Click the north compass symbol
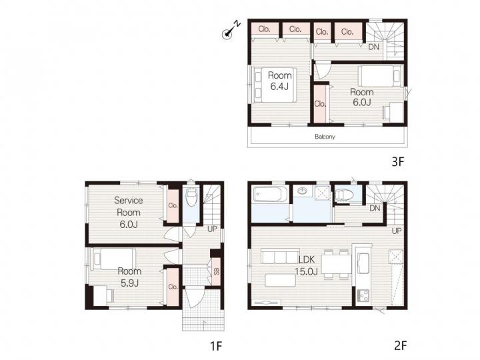(x=231, y=30)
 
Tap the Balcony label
(x=325, y=137)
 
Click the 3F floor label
(x=398, y=161)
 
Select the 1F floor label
(x=216, y=346)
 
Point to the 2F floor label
(x=401, y=345)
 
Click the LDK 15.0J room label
(x=306, y=265)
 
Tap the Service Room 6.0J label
(x=129, y=212)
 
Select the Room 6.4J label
(x=279, y=81)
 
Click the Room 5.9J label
(x=129, y=277)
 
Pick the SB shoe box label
(x=217, y=271)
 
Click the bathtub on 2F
(x=270, y=195)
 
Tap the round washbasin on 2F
(x=303, y=191)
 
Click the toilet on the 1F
(x=192, y=196)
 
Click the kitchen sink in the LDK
(x=363, y=263)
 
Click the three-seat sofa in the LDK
(x=280, y=256)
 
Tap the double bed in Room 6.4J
(x=274, y=85)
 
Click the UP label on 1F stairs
(x=212, y=229)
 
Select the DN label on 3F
(x=373, y=47)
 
